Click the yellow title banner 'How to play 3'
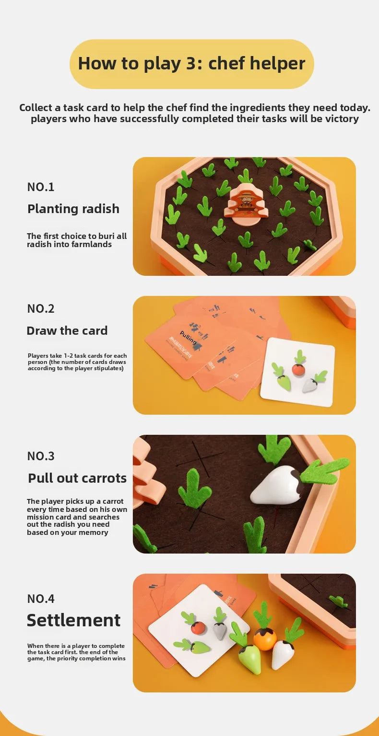(191, 64)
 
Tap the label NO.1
(41, 187)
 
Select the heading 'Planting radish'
(73, 209)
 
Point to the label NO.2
(41, 308)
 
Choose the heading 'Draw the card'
(67, 330)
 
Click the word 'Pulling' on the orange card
(188, 338)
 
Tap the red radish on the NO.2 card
(298, 369)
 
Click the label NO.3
(41, 456)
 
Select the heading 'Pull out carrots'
(77, 478)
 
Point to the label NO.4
(41, 599)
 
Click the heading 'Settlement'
(73, 620)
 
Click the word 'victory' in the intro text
(342, 118)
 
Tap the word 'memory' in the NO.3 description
(93, 532)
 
